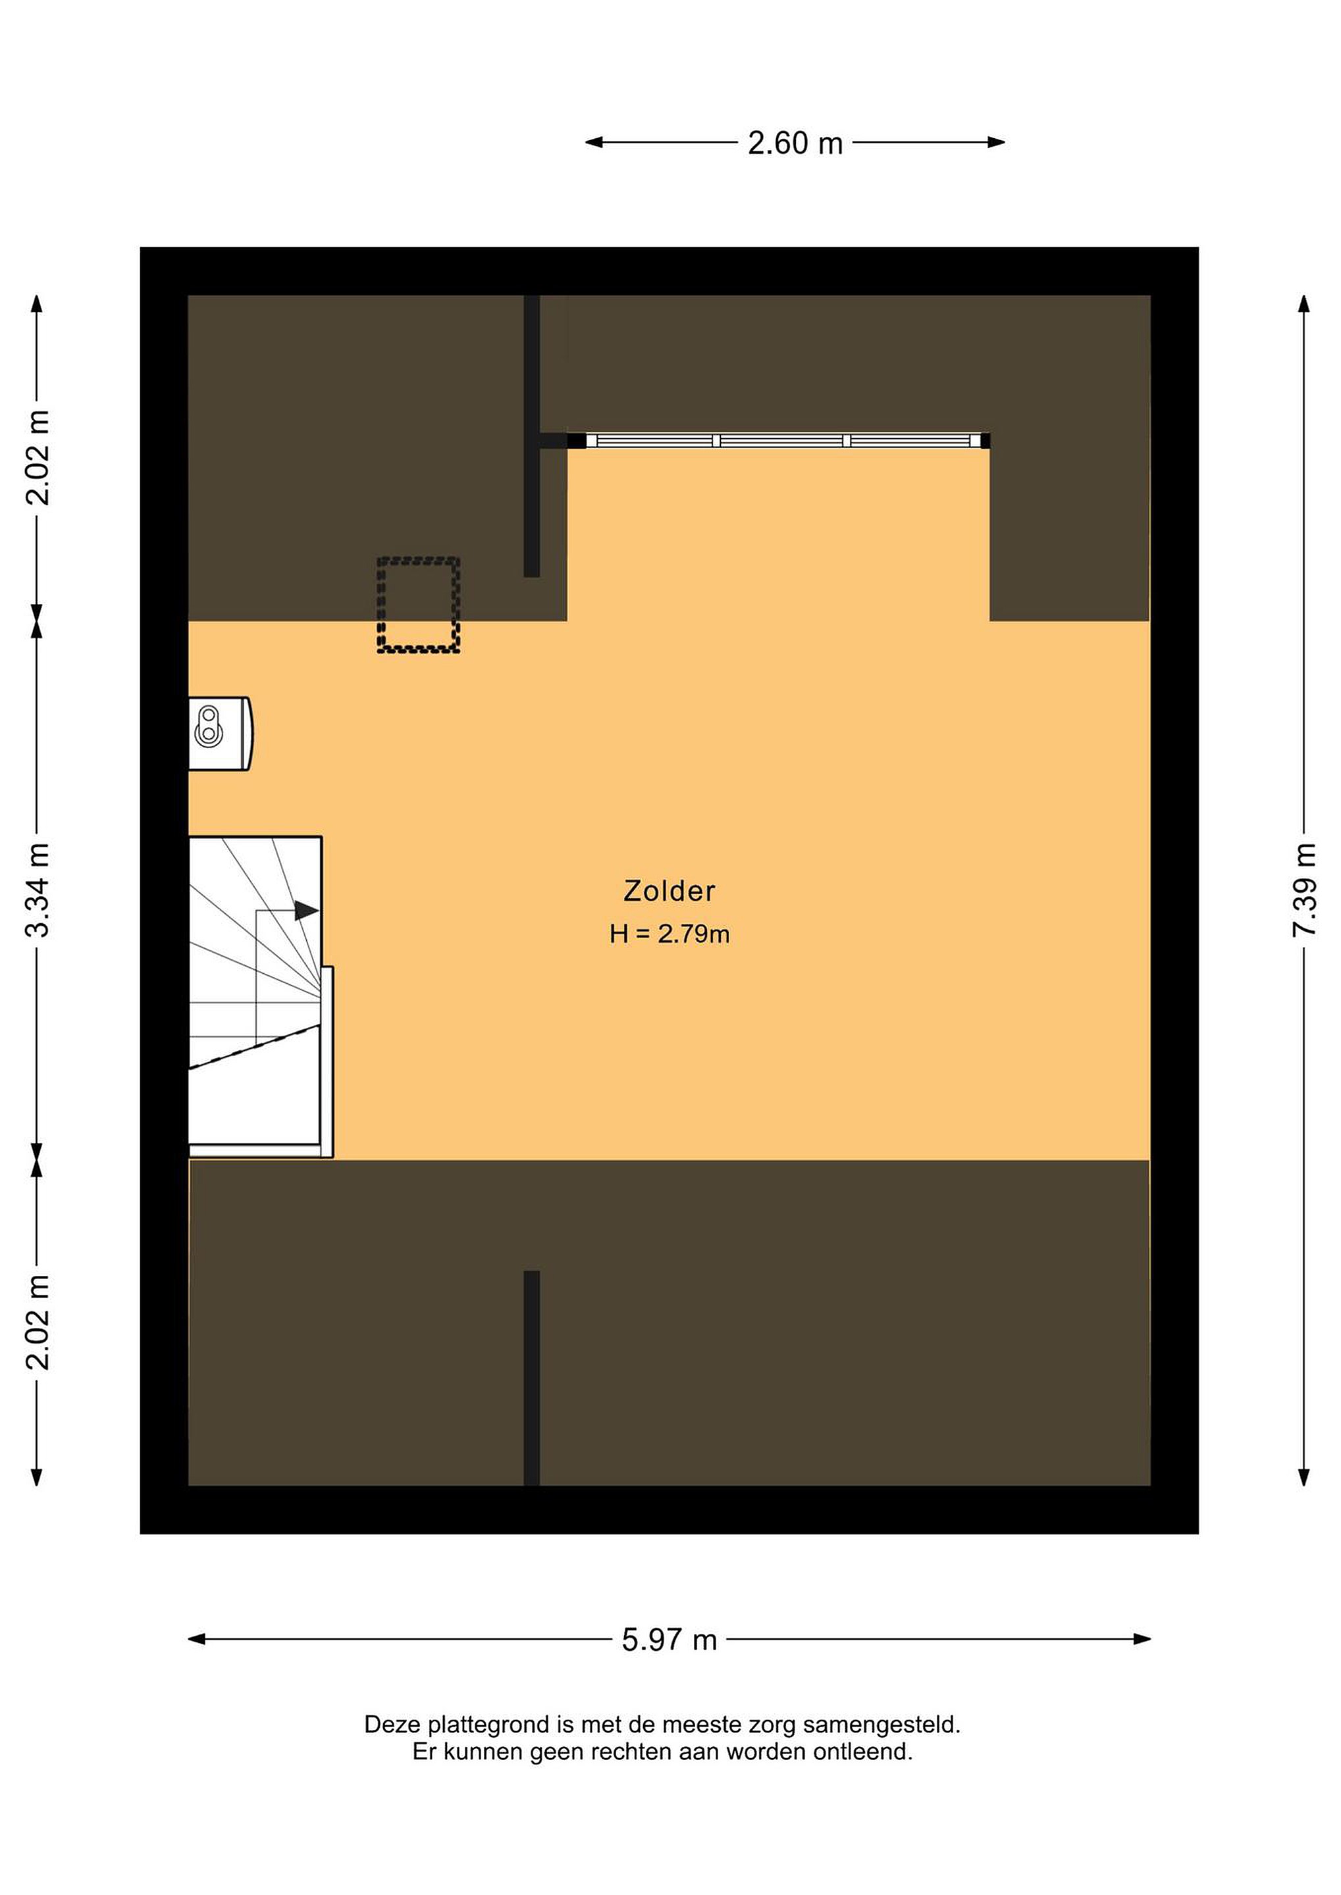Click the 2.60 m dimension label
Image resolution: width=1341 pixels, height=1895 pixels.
tap(795, 143)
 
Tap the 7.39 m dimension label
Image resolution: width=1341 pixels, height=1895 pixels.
tap(1304, 890)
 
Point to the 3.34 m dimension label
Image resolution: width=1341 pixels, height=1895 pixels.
tap(37, 890)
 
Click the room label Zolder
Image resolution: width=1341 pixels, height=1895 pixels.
tap(669, 890)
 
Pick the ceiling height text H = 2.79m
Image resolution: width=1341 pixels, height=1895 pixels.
tap(669, 934)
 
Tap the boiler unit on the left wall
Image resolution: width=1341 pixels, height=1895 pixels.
tap(221, 734)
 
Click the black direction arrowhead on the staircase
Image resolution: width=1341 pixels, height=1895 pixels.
tap(306, 911)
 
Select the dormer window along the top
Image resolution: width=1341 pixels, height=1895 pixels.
tap(779, 441)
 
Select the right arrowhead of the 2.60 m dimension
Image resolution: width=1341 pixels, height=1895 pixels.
tap(996, 142)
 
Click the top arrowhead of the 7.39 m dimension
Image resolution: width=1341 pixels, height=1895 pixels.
tap(1304, 305)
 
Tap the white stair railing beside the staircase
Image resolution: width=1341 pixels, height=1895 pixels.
tap(327, 1061)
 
